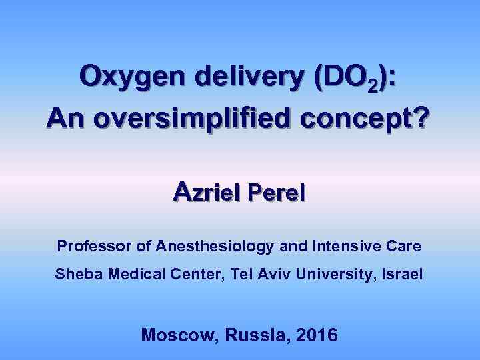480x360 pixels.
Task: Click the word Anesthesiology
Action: pos(214,247)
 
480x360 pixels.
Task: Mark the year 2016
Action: pos(315,335)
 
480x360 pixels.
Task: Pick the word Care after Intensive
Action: pos(403,246)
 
